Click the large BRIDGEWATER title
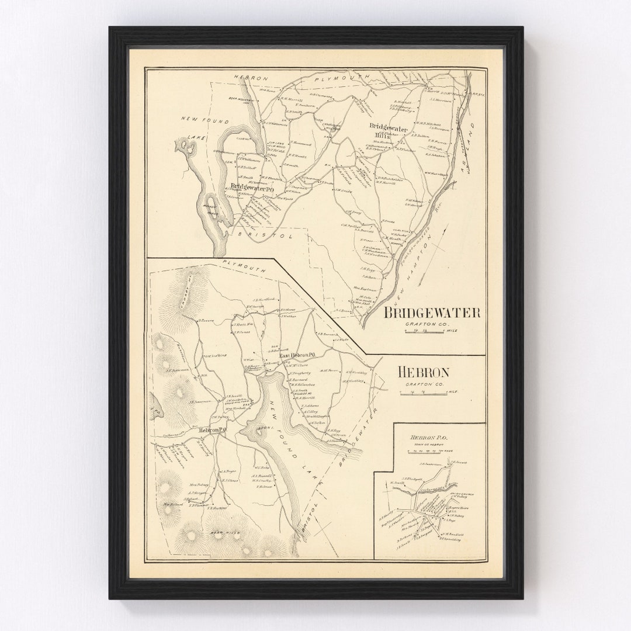432,313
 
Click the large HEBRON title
423,372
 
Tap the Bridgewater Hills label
388,131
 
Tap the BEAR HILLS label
224,533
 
